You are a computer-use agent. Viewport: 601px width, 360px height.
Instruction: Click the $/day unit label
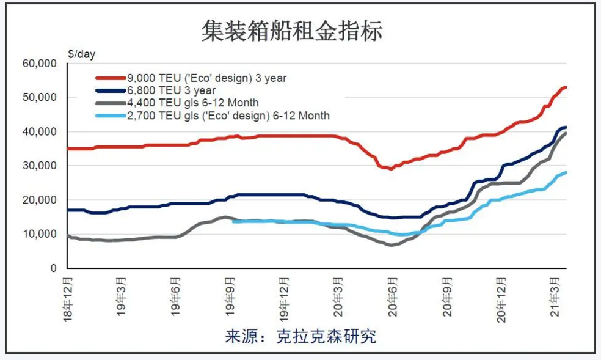pyautogui.click(x=82, y=54)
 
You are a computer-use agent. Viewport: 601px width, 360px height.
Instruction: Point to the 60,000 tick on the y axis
pyautogui.click(x=40, y=64)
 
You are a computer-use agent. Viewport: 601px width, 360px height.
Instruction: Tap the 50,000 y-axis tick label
pyautogui.click(x=40, y=98)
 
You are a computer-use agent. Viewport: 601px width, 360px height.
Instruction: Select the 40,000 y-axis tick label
pyautogui.click(x=40, y=132)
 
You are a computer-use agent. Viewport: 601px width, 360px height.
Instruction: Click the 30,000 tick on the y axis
pyautogui.click(x=40, y=166)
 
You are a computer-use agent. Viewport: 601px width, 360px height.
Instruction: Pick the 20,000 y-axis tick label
pyautogui.click(x=40, y=200)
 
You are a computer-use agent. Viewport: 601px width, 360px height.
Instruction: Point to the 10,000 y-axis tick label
pyautogui.click(x=40, y=235)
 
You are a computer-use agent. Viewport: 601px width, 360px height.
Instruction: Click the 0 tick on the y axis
pyautogui.click(x=53, y=269)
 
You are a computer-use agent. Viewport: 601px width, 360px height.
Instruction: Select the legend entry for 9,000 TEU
pyautogui.click(x=206, y=78)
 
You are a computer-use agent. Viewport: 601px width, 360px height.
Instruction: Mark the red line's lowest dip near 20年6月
pyautogui.click(x=390, y=168)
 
